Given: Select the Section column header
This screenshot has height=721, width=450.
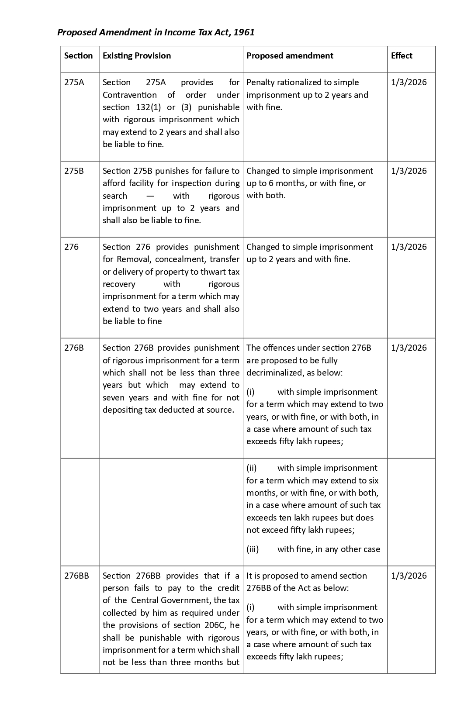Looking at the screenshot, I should point(79,56).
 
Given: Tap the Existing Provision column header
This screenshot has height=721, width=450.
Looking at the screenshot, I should point(137,56).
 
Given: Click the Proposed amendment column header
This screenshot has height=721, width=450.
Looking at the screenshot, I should point(290,56).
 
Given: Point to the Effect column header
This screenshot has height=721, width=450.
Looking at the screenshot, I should point(402,56).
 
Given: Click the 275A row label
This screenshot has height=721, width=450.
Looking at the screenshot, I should point(74,83).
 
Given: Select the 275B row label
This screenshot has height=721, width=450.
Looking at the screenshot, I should point(74,171).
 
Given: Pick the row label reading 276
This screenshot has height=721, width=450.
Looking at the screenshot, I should point(72,247).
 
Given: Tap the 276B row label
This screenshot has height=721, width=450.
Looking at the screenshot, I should point(74,348).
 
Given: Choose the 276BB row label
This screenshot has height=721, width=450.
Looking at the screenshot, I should point(76,576).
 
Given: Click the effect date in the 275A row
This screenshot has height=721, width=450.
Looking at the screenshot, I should point(409,83).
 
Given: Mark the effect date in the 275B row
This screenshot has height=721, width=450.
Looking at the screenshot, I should point(409,171).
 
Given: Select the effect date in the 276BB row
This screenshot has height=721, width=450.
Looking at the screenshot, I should point(409,576).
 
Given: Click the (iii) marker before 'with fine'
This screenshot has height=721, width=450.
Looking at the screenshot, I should point(253,549).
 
